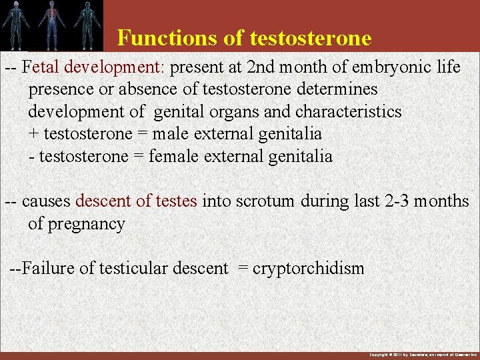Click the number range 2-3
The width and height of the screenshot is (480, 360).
[x=400, y=201]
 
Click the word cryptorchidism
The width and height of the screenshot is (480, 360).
[x=309, y=269]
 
